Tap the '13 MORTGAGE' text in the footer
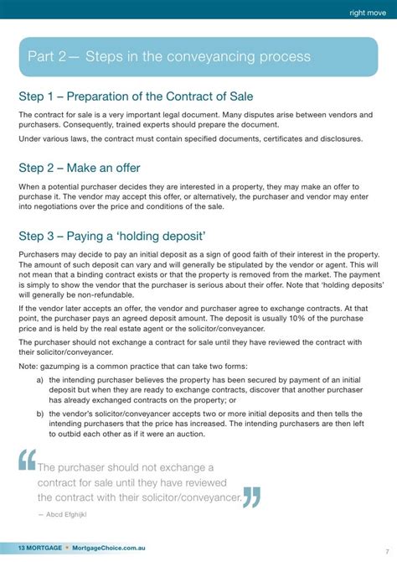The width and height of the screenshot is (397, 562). coord(32,548)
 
